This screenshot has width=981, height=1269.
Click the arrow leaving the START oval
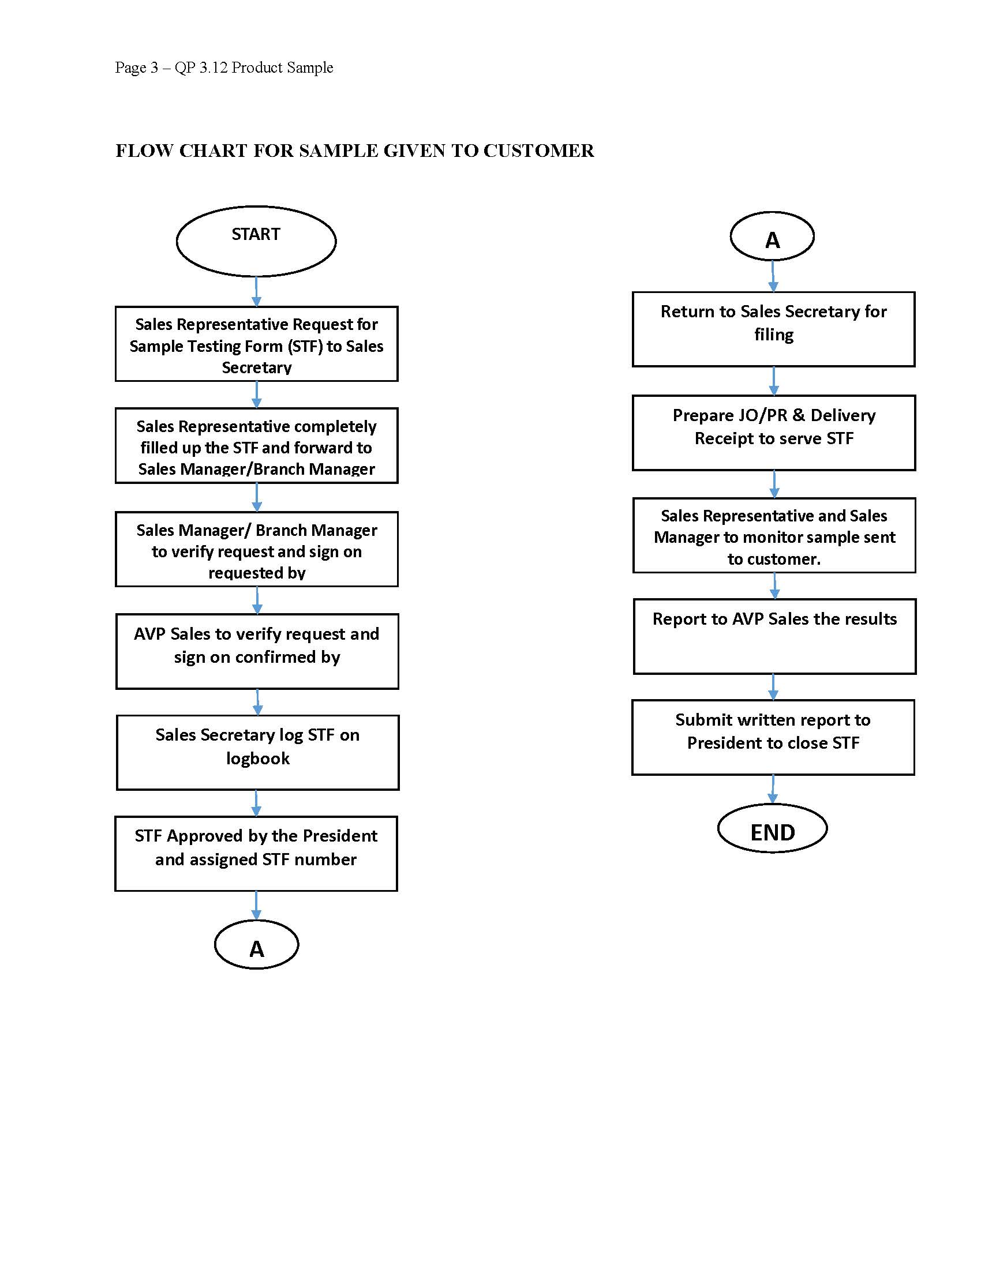pyautogui.click(x=256, y=291)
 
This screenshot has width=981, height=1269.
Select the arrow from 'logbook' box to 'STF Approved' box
pyautogui.click(x=256, y=804)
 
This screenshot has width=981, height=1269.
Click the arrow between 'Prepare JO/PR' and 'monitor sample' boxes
pyautogui.click(x=774, y=484)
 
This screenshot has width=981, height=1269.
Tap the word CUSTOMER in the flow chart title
pyautogui.click(x=539, y=151)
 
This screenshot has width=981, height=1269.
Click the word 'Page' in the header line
pyautogui.click(x=130, y=68)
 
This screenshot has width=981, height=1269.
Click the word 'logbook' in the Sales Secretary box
pyautogui.click(x=257, y=759)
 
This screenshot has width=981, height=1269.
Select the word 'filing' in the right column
pyautogui.click(x=773, y=335)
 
